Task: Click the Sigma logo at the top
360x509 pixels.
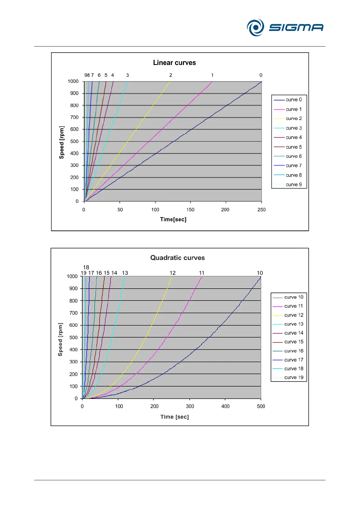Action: click(x=285, y=28)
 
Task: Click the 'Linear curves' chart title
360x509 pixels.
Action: click(x=174, y=63)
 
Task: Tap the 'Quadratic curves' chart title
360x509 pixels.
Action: click(x=177, y=258)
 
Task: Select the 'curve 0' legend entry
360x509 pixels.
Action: click(x=294, y=100)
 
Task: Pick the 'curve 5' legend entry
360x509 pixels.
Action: click(x=294, y=147)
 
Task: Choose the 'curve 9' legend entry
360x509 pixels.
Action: click(x=294, y=185)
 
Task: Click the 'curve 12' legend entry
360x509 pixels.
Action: click(x=294, y=315)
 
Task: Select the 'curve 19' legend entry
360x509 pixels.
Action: click(x=294, y=378)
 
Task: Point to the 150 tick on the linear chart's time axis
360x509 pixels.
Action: click(x=190, y=210)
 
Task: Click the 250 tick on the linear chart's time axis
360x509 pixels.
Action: click(x=261, y=210)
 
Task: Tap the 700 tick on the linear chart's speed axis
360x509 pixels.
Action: click(x=74, y=117)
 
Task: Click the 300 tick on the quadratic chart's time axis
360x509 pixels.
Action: click(x=190, y=407)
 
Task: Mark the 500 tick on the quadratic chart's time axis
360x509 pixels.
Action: click(x=261, y=407)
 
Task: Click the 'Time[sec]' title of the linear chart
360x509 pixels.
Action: click(x=173, y=219)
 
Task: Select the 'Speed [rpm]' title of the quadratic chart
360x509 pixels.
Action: click(x=60, y=339)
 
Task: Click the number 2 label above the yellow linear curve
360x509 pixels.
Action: click(x=171, y=75)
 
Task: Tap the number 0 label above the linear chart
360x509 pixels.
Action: click(x=261, y=75)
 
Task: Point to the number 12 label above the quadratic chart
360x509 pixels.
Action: click(x=173, y=273)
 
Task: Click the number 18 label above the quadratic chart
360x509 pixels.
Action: click(x=86, y=267)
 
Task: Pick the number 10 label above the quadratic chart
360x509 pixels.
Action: click(x=260, y=273)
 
